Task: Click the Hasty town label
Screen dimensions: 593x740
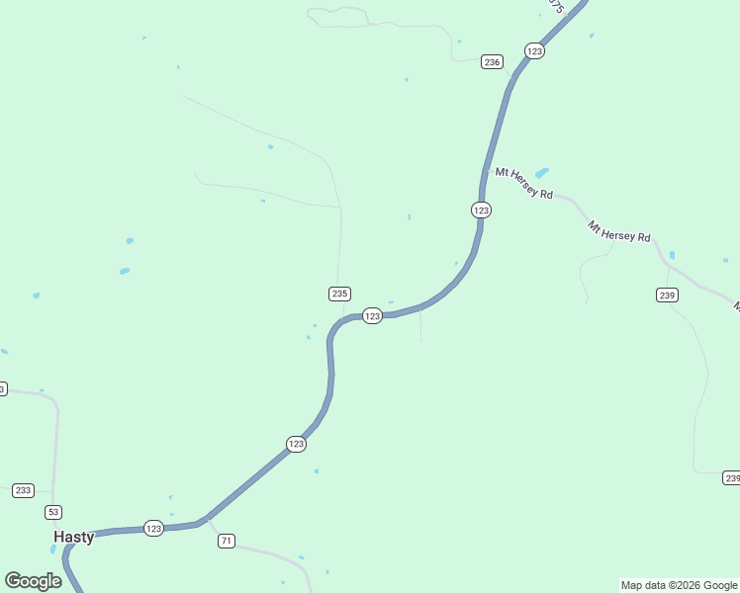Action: [x=74, y=537]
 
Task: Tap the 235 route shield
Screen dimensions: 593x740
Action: [x=339, y=294]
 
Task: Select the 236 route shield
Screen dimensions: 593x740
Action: [x=492, y=61]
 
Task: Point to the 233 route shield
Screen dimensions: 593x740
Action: [x=24, y=490]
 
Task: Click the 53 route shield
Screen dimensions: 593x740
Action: [x=53, y=511]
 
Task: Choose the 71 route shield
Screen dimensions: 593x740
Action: [x=227, y=541]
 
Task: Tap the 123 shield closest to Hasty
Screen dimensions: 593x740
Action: [x=153, y=529]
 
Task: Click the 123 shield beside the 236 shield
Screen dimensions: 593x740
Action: [x=534, y=51]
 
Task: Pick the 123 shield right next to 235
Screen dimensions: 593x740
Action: [x=372, y=315]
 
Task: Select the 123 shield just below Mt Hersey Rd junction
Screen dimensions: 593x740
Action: [x=481, y=210]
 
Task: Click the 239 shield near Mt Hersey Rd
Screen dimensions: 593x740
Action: [x=666, y=295]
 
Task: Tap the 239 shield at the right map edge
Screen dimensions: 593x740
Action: [x=731, y=478]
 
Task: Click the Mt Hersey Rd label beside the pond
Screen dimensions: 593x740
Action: [x=524, y=184]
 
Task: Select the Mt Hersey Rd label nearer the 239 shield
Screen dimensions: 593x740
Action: [x=619, y=231]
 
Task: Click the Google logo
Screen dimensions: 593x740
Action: [x=33, y=581]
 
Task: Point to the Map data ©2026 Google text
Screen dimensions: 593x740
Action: [x=679, y=585]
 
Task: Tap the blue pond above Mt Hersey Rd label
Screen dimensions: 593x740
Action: [x=541, y=172]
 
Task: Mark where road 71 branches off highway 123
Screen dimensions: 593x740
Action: [x=207, y=517]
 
